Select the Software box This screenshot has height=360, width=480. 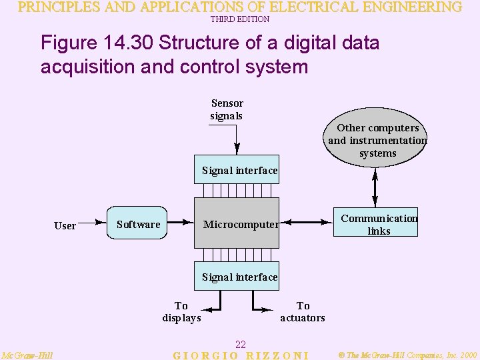point(137,224)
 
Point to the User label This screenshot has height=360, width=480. point(65,225)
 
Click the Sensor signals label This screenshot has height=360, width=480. point(227,109)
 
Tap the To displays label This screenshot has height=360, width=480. point(181,311)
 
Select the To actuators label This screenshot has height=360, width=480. point(303,311)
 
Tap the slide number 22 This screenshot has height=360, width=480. point(241,344)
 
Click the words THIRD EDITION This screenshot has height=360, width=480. point(240,19)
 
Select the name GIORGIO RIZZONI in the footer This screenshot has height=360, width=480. point(241,355)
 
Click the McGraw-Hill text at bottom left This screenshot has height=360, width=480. point(27,355)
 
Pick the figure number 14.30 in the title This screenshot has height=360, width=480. point(127,44)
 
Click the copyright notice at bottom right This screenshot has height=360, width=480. point(407,355)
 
